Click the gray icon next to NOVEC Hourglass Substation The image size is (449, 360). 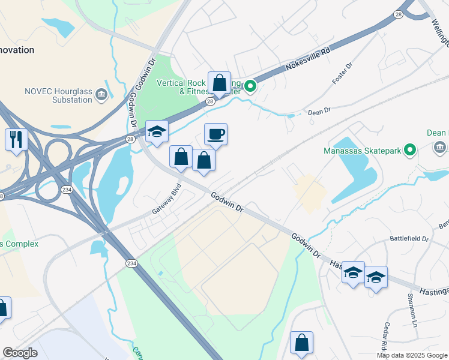101,94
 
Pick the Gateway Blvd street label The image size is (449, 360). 166,203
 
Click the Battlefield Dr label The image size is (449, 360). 409,238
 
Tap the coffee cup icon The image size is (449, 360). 216,134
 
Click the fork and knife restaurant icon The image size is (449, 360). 16,139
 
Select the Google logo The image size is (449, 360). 20,353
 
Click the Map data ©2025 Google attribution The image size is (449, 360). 412,355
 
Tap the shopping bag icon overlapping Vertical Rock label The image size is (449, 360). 220,83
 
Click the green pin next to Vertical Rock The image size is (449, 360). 251,86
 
